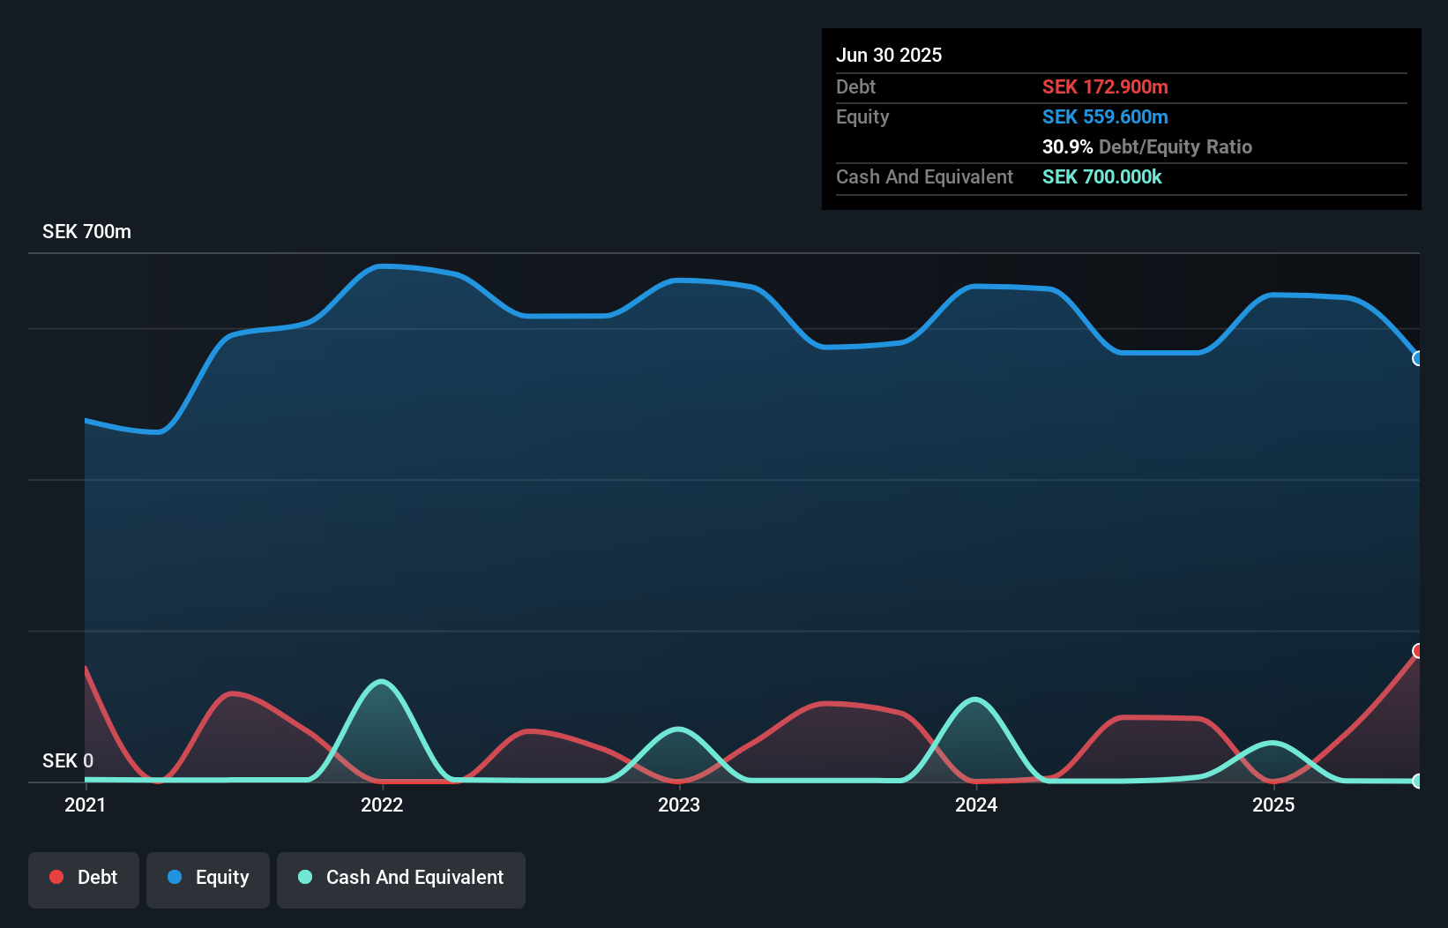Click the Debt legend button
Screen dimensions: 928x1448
tap(84, 879)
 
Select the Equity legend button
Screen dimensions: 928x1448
tap(208, 879)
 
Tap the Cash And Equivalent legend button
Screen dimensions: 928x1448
tap(401, 879)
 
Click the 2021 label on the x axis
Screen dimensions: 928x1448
tap(85, 805)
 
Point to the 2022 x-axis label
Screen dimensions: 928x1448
tap(382, 805)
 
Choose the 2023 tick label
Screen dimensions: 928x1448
tap(679, 805)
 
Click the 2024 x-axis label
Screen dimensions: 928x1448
tap(976, 805)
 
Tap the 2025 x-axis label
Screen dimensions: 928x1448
tap(1273, 805)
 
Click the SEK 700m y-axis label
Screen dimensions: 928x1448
tap(86, 232)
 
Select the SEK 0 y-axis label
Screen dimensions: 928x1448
tap(67, 760)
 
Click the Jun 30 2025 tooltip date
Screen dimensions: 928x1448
tap(889, 55)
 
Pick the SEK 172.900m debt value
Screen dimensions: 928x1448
tap(1105, 86)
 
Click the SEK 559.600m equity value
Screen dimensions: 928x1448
tap(1105, 116)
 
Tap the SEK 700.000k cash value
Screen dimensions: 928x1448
tap(1101, 176)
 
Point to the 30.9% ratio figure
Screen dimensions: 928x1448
tap(1067, 146)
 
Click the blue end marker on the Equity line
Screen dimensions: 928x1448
tap(1418, 358)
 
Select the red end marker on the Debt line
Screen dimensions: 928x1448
tap(1418, 651)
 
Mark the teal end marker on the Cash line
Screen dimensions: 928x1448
tap(1418, 781)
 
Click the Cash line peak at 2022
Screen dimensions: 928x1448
tap(381, 681)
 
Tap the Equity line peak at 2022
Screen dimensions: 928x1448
tap(381, 266)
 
